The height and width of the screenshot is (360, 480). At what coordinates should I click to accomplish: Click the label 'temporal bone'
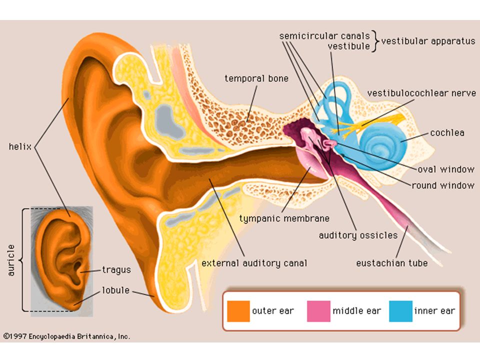click(x=256, y=78)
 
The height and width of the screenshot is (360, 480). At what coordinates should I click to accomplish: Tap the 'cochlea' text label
click(x=447, y=133)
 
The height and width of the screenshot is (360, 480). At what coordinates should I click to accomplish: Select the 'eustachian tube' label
click(x=392, y=263)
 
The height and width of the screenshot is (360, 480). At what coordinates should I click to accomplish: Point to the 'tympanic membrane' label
click(x=284, y=218)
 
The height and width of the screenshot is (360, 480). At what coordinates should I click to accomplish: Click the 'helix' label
click(x=20, y=146)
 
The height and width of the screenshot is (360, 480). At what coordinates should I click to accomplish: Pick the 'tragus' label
click(x=116, y=270)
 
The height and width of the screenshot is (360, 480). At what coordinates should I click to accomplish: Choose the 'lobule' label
click(x=115, y=290)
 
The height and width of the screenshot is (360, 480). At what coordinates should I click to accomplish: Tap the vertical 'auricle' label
click(x=11, y=260)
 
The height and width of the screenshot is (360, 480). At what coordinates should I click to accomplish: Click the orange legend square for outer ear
click(x=238, y=311)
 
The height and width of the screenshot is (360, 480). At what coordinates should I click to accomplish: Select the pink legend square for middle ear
click(x=318, y=311)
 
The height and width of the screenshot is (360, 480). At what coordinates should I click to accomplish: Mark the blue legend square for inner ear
click(x=400, y=311)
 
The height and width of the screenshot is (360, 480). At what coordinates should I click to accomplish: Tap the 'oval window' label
click(x=446, y=169)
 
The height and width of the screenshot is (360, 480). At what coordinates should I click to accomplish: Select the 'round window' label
click(x=443, y=185)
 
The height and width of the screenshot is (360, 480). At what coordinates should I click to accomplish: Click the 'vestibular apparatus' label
click(x=428, y=41)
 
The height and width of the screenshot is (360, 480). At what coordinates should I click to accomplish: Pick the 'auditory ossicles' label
click(x=358, y=235)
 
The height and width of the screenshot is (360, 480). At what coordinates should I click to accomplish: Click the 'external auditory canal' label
click(x=254, y=263)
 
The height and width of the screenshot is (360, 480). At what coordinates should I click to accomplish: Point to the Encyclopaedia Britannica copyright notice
click(x=66, y=336)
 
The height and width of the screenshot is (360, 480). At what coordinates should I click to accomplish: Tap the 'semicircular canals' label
click(x=324, y=36)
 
